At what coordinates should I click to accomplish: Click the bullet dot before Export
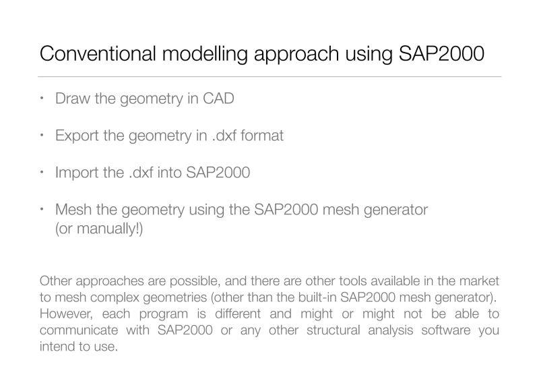[42, 136]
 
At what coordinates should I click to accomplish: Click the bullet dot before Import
[42, 173]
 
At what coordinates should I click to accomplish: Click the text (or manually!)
[99, 229]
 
